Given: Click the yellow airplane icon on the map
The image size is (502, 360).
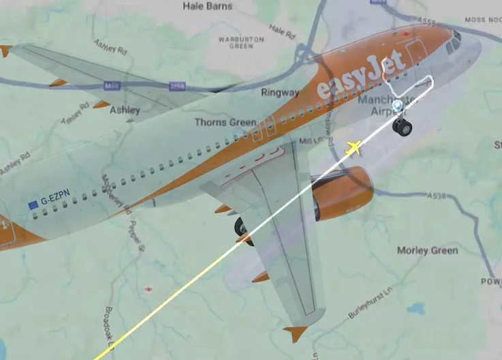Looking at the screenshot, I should pos(354,148).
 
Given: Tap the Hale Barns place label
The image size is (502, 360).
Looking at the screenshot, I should pos(208,6).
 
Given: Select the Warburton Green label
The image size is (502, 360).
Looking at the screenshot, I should pos(240,43).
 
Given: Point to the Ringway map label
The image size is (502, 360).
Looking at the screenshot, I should pos(280,92).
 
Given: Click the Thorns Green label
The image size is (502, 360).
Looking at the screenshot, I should pos(225,123).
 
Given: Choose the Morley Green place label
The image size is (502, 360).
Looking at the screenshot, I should pos(427,251).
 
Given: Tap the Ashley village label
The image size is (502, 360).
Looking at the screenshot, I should pos(125,109).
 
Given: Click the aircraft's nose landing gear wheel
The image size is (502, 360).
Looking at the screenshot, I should pos(403,126).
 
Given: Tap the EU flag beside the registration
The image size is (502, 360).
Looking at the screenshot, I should pos(33,204).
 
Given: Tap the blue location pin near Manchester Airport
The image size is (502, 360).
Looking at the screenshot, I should pos(397,105).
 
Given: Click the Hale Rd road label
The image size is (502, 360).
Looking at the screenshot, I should pos(283,30).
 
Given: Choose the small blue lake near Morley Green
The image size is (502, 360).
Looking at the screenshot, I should pos(418,309).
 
